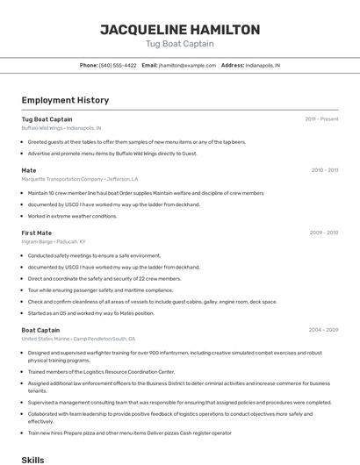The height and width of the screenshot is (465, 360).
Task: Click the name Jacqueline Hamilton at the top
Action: pos(179,29)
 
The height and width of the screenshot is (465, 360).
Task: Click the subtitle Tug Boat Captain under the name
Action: pos(179,44)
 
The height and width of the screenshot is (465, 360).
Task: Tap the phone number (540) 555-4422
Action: pos(117,66)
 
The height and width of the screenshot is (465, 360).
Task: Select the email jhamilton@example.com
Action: pos(187,66)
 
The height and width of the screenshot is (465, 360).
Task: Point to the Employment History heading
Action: pos(65,101)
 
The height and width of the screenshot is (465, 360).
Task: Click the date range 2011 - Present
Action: pos(321,119)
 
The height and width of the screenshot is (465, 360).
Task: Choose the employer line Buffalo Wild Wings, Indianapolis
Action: pos(61,128)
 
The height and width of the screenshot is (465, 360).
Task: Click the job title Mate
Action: pos(29,170)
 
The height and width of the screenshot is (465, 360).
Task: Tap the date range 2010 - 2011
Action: pos(324,170)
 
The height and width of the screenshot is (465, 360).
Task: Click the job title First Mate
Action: pos(37,232)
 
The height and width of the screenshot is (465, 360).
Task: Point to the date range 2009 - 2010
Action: pos(324,232)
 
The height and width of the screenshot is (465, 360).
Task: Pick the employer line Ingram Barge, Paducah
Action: pos(54,241)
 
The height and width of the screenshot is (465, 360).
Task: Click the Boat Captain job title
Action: pos(40,330)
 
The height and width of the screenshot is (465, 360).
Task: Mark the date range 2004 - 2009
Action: pos(323,330)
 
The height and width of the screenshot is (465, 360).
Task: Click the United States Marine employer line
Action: pos(78,339)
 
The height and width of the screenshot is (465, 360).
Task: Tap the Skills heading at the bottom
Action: pos(32,459)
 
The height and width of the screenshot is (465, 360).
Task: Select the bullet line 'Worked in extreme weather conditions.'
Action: pos(72,216)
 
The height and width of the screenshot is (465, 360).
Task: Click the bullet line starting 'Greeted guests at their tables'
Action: pos(136,141)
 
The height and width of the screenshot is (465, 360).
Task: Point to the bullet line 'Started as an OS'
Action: pos(90,313)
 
